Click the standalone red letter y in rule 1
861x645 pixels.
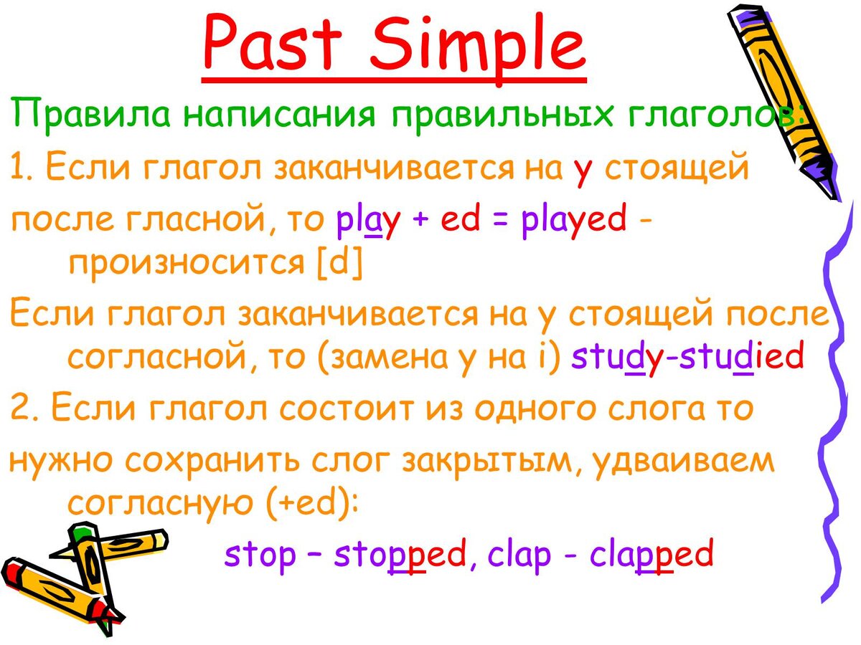tap(582, 171)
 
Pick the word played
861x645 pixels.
tap(574, 219)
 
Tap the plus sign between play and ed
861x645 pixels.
tap(420, 219)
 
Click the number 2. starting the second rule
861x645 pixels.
tap(25, 408)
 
